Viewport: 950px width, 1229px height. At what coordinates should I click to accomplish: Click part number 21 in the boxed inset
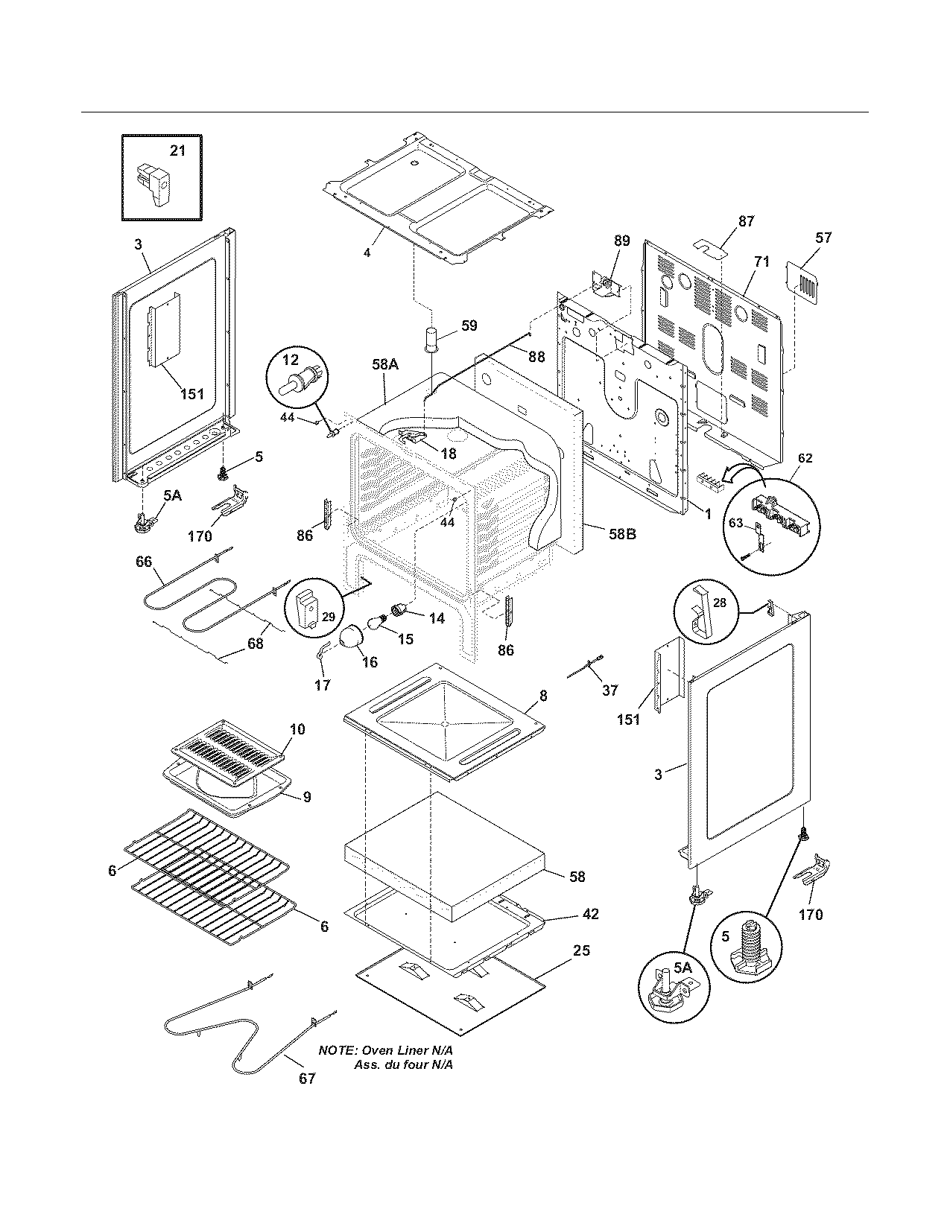coord(177,150)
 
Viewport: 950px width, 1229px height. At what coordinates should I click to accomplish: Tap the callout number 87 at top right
coord(746,221)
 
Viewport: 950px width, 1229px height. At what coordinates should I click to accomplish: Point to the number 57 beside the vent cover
coord(823,238)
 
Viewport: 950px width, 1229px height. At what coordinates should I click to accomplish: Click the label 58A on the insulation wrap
coord(385,364)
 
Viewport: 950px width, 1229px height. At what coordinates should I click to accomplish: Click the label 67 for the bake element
coord(307,1078)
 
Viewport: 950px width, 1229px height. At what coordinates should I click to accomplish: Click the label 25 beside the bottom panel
coord(582,950)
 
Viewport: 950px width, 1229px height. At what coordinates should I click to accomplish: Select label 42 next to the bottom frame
coord(590,914)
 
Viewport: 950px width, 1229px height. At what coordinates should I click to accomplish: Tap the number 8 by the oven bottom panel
coord(543,695)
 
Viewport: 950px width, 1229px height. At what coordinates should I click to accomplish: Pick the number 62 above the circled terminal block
coord(805,458)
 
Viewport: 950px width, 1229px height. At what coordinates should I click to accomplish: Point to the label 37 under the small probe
coord(609,690)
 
